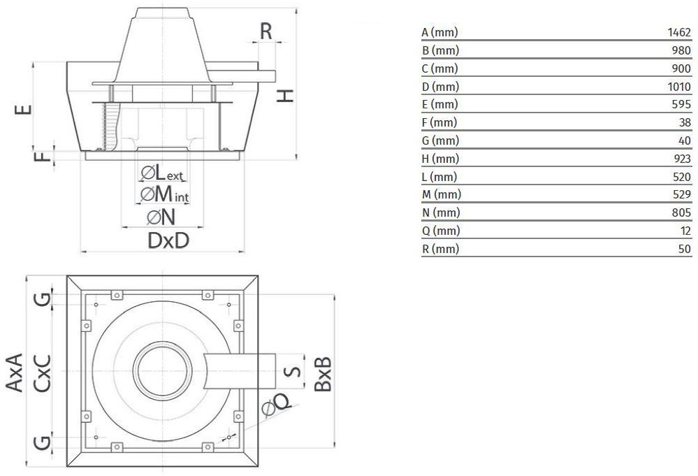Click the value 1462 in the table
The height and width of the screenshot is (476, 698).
pyautogui.click(x=679, y=32)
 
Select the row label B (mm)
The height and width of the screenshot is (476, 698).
pyautogui.click(x=440, y=50)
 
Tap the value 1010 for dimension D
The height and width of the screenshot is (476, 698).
pyautogui.click(x=679, y=87)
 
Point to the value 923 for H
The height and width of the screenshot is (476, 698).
pyautogui.click(x=682, y=159)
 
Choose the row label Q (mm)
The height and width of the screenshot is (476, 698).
pyautogui.click(x=441, y=231)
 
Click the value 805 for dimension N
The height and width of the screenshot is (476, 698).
pyautogui.click(x=681, y=212)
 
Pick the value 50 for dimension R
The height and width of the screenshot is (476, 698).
pyautogui.click(x=685, y=248)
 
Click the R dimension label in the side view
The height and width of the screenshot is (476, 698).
pyautogui.click(x=266, y=31)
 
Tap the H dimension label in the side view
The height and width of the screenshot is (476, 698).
pyautogui.click(x=285, y=96)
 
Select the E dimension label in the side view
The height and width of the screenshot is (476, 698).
pyautogui.click(x=23, y=109)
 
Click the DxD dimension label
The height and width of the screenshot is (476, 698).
pyautogui.click(x=168, y=240)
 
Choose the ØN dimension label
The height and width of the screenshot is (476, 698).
pyautogui.click(x=161, y=217)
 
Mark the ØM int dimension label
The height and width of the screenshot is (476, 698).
pyautogui.click(x=165, y=194)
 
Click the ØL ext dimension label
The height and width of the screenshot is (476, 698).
pyautogui.click(x=161, y=173)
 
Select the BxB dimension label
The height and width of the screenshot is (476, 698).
pyautogui.click(x=323, y=374)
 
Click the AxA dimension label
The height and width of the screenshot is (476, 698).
pyautogui.click(x=14, y=373)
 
